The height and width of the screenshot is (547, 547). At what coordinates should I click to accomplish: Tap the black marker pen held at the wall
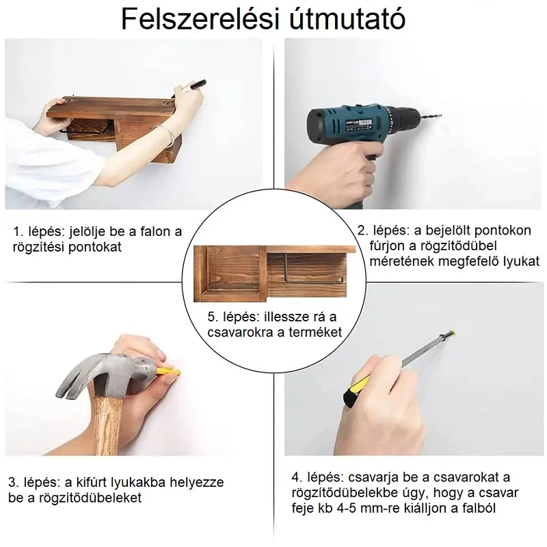(196, 85)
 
